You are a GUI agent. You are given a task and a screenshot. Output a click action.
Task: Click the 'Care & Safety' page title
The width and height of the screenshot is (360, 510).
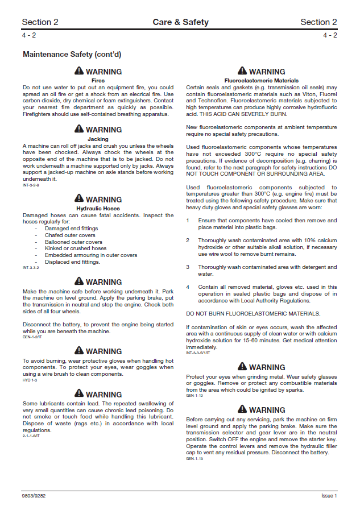click(x=180, y=22)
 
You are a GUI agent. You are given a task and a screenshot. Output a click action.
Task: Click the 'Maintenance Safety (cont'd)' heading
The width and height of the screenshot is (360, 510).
click(x=72, y=55)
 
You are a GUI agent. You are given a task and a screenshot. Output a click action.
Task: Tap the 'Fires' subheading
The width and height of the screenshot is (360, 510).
click(x=98, y=81)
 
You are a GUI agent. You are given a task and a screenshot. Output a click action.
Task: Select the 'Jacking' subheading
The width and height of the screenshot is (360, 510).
click(x=98, y=139)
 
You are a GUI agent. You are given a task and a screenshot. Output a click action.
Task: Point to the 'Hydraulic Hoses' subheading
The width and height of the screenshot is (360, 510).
click(x=98, y=209)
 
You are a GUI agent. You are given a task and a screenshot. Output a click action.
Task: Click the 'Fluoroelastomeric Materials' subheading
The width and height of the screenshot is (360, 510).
click(x=262, y=81)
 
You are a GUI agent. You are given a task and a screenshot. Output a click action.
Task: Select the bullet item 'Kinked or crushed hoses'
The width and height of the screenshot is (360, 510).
click(x=76, y=248)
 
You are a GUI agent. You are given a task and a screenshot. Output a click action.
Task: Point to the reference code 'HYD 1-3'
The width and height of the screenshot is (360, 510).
click(x=30, y=380)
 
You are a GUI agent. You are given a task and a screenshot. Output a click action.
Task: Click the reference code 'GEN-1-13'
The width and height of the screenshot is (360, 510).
click(x=195, y=458)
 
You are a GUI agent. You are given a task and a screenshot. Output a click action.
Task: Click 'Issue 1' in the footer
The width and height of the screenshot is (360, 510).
click(x=329, y=496)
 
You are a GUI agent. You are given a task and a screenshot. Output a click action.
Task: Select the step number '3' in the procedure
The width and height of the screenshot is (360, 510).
click(x=188, y=267)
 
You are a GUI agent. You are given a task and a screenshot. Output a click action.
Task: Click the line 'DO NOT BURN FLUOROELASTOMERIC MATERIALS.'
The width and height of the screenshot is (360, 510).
click(x=253, y=314)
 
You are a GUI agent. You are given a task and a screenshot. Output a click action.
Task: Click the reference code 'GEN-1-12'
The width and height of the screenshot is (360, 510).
click(x=195, y=396)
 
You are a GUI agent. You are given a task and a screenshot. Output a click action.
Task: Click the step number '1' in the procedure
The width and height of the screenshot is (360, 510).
click(x=188, y=220)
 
